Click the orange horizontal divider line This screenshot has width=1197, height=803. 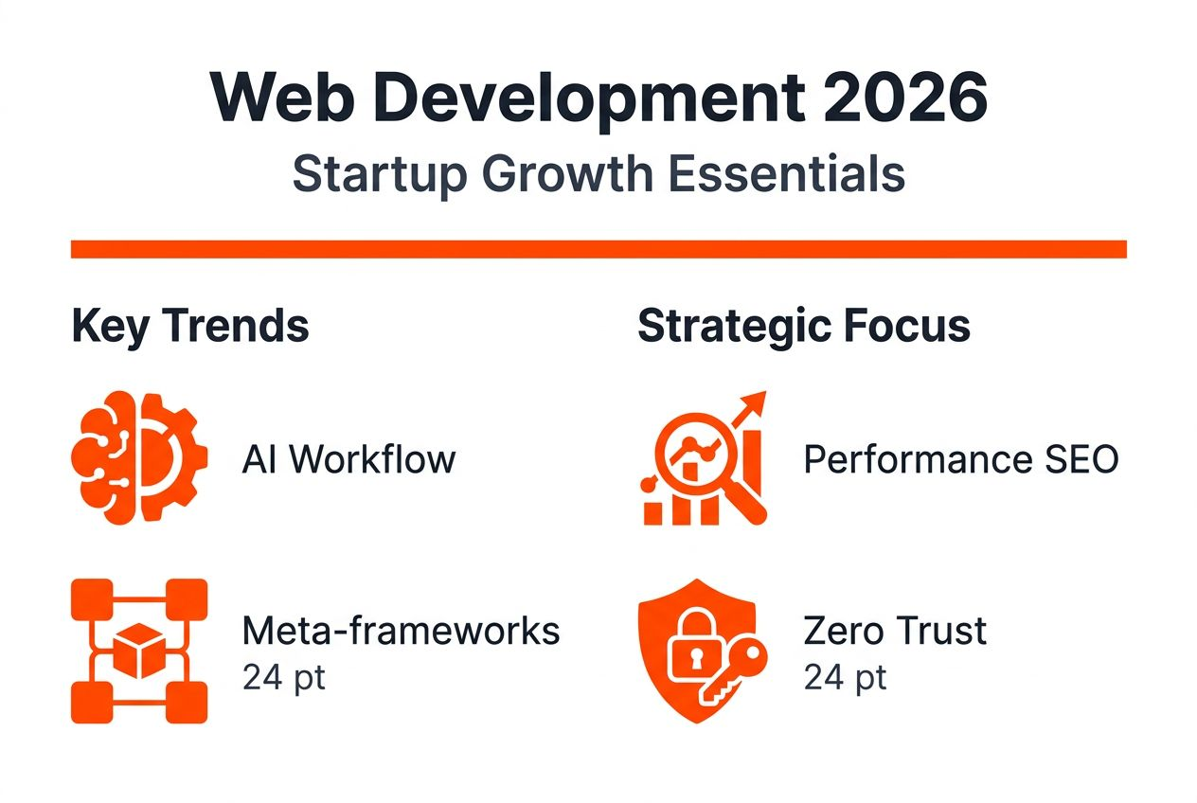pyautogui.click(x=598, y=249)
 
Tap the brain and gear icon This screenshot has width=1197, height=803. pyautogui.click(x=138, y=458)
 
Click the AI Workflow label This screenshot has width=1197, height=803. pyautogui.click(x=348, y=460)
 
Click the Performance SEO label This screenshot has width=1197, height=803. pyautogui.click(x=961, y=460)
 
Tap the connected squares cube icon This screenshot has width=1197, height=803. pyautogui.click(x=138, y=651)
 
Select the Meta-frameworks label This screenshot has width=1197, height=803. pyautogui.click(x=401, y=631)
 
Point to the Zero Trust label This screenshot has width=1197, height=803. pyautogui.click(x=895, y=631)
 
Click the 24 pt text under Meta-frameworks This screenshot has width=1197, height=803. pyautogui.click(x=283, y=678)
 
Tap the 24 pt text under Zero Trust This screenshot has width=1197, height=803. pyautogui.click(x=845, y=678)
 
